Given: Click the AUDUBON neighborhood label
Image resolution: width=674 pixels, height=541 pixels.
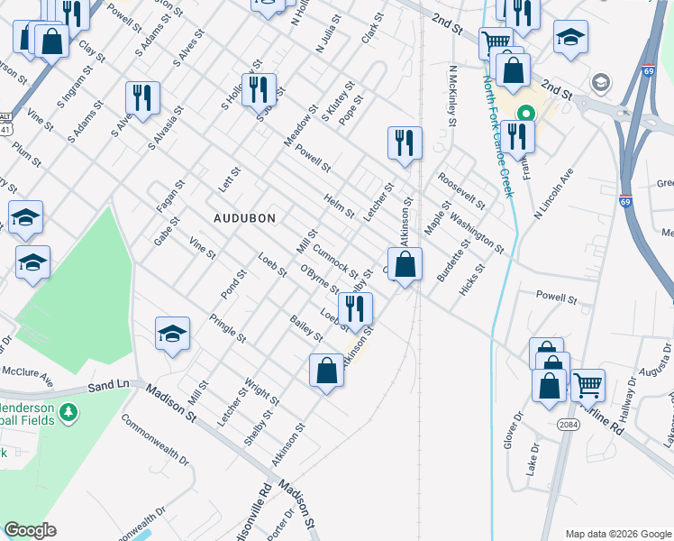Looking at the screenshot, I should tap(243, 218).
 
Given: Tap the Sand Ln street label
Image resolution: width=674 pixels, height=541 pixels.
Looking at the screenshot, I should tap(109, 386).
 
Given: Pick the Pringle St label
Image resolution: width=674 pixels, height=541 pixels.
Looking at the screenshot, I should tap(228, 327).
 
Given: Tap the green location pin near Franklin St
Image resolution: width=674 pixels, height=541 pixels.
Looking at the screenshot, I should tap(524, 115).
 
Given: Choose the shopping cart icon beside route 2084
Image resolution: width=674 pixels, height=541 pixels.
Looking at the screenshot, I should tap(587, 385).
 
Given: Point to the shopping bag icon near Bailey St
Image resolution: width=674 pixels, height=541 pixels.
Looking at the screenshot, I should tap(326, 370).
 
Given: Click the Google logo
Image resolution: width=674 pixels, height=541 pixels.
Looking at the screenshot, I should tap(30, 530).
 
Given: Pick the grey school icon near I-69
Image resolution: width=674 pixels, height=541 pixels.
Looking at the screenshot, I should tap(599, 84).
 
